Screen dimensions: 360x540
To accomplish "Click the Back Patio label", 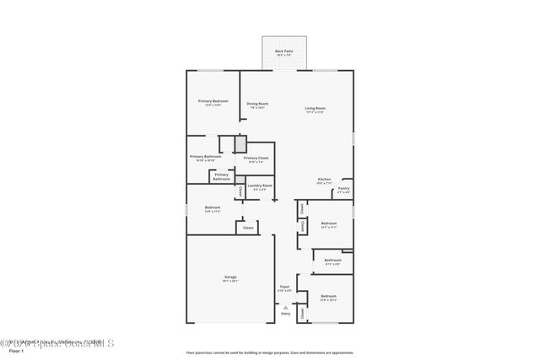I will (283, 51).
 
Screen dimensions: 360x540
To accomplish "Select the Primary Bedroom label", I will (213, 101).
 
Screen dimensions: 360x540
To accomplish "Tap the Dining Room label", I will (256, 104).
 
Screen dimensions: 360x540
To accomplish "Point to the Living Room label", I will (315, 108).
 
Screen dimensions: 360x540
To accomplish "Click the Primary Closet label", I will (256, 159).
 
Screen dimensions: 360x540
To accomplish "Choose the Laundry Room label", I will (259, 185).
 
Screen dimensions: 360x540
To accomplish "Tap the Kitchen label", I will (323, 180).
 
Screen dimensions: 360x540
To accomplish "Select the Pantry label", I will (343, 188).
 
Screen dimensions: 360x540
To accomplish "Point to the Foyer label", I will (284, 287).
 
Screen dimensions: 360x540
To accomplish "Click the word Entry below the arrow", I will (285, 314).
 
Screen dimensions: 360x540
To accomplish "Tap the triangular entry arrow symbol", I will (285, 308).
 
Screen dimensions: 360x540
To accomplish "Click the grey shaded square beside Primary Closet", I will (240, 143).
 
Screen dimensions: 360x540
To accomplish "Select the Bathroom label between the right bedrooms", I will (332, 261).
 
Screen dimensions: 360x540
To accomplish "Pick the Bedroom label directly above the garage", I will (213, 207).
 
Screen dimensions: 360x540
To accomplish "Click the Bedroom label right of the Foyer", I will (328, 296).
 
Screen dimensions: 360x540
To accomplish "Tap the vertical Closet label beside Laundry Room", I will (240, 191).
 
